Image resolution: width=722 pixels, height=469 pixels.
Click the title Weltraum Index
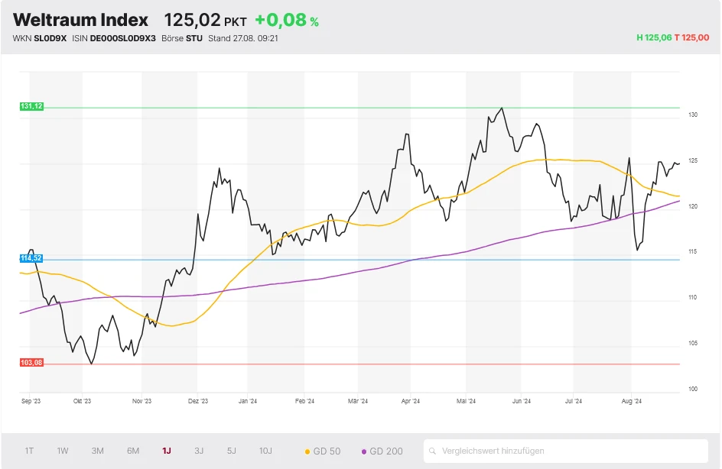pyautogui.click(x=80, y=19)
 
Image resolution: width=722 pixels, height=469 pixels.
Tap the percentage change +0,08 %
pyautogui.click(x=287, y=21)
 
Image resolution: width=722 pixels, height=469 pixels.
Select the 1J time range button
pyautogui.click(x=167, y=451)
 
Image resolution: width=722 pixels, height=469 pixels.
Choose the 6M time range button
pyautogui.click(x=133, y=451)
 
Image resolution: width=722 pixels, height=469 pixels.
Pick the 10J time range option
pyautogui.click(x=265, y=451)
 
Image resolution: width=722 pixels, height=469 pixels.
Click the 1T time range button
pyautogui.click(x=29, y=451)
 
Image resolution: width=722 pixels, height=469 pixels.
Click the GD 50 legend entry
pyautogui.click(x=323, y=451)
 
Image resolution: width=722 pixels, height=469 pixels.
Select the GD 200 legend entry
pyautogui.click(x=382, y=451)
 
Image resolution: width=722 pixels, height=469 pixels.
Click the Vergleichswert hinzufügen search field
pyautogui.click(x=566, y=451)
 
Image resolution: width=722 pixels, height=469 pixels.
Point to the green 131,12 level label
pyautogui.click(x=31, y=107)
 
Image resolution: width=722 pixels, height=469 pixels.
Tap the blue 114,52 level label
pyautogui.click(x=31, y=259)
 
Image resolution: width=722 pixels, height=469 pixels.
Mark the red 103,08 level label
pyautogui.click(x=31, y=363)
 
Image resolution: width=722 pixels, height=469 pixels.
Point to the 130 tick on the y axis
pyautogui.click(x=692, y=115)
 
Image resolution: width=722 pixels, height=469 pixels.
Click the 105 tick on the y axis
pyautogui.click(x=692, y=343)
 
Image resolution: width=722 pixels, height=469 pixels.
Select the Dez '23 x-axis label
pyautogui.click(x=198, y=400)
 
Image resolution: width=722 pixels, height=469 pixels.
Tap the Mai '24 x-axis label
pyautogui.click(x=467, y=400)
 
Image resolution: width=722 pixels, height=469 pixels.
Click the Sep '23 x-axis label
pyautogui.click(x=31, y=400)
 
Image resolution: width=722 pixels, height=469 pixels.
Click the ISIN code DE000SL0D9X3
pyautogui.click(x=124, y=37)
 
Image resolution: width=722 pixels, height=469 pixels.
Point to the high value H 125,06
pyautogui.click(x=653, y=37)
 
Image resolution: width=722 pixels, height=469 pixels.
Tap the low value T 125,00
pyautogui.click(x=691, y=37)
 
